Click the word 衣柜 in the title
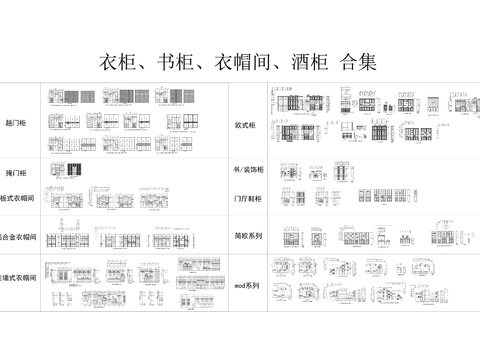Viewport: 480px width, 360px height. pos(113,61)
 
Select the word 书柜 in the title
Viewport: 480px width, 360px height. pos(167,61)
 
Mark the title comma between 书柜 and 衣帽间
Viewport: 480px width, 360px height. pos(194,66)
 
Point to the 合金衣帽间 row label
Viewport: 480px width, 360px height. pos(19,239)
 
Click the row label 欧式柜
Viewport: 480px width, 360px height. pos(246,127)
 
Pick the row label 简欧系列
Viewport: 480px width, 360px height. pos(248,236)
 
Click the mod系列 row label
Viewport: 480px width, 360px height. pos(246,286)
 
